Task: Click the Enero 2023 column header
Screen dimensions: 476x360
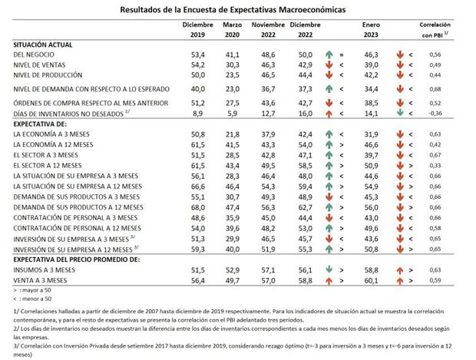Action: (x=371, y=30)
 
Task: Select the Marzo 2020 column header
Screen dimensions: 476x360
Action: (x=232, y=30)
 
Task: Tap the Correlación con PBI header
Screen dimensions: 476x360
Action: (x=435, y=30)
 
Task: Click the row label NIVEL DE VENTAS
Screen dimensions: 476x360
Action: (x=39, y=65)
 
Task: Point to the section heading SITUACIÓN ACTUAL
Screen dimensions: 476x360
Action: (x=43, y=45)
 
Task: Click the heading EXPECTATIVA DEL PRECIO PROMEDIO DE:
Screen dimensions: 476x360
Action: (x=77, y=260)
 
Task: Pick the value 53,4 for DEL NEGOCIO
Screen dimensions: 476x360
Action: (x=198, y=55)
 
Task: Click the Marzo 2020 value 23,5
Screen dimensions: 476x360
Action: (x=232, y=75)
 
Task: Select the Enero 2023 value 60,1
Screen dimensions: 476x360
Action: (x=371, y=281)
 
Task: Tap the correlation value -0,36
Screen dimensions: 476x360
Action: (x=435, y=114)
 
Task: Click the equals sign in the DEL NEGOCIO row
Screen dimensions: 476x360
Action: (x=342, y=55)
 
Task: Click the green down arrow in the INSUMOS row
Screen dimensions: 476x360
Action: (x=329, y=269)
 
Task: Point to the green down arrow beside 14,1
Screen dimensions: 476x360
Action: (x=400, y=113)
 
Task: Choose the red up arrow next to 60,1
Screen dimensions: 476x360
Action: (x=400, y=281)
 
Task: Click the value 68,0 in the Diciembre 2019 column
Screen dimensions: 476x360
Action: (x=198, y=207)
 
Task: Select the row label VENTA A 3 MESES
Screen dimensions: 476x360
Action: (x=40, y=280)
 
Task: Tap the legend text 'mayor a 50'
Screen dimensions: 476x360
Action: (x=36, y=290)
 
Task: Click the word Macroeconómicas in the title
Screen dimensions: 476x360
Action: (x=312, y=10)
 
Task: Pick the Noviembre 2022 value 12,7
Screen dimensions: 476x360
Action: (x=268, y=114)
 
